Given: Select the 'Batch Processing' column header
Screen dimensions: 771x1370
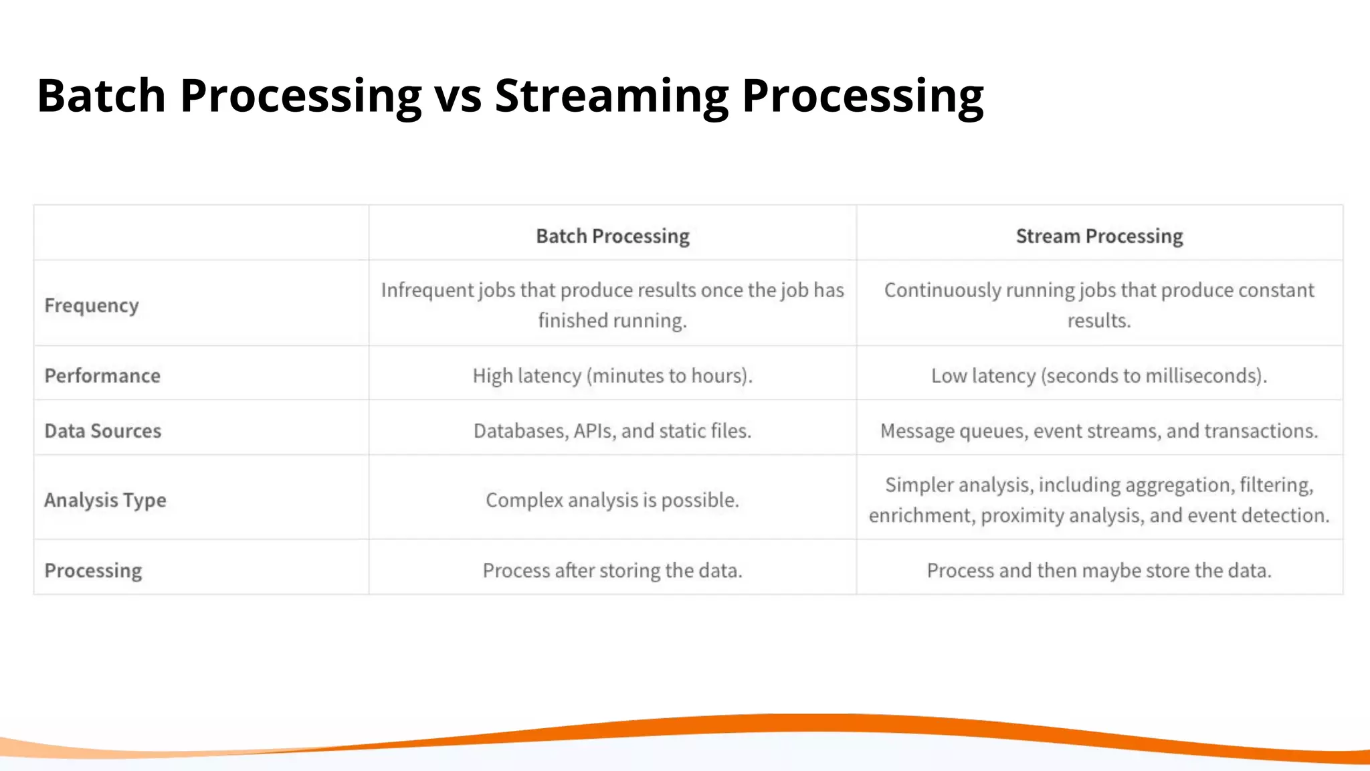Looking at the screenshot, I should tap(612, 236).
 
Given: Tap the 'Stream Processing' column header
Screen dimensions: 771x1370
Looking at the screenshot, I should tap(1099, 236).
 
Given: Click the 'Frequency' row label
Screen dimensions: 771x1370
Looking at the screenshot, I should tap(92, 305).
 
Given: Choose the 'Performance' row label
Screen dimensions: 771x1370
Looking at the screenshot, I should tap(102, 375).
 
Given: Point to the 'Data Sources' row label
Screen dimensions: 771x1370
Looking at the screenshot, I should tap(103, 430).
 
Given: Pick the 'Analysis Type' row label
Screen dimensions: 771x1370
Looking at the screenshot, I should tap(105, 500).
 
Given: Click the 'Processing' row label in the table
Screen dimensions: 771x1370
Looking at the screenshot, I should tap(93, 570).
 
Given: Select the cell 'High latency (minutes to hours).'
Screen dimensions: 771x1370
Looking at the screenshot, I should tap(612, 375).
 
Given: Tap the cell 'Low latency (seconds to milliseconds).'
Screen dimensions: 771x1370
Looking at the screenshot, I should tap(1099, 375).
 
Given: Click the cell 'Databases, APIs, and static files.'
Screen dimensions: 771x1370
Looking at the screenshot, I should tap(612, 430).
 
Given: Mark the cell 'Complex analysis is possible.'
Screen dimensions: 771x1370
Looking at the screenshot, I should tap(612, 500).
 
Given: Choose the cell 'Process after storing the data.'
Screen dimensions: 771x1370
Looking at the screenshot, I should tap(612, 570).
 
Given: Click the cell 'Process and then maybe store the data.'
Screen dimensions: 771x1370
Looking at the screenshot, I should tap(1099, 570).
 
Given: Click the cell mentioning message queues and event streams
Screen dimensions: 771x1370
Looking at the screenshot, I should tap(1099, 430).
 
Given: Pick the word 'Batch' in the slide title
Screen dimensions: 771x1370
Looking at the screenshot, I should tap(101, 96).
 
